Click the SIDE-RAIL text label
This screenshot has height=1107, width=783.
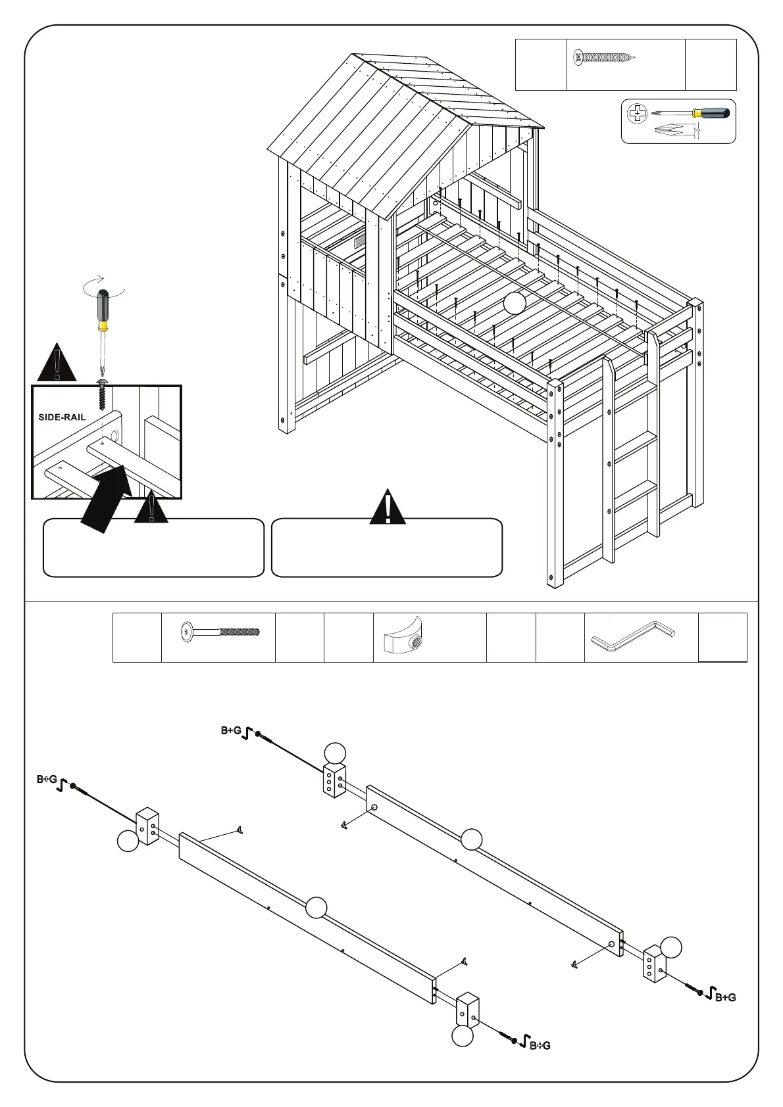click(62, 417)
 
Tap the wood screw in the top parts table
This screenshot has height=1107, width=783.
click(604, 58)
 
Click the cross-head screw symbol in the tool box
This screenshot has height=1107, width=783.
click(637, 114)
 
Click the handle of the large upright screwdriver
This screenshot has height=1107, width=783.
click(103, 309)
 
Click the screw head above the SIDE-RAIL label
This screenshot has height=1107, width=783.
click(102, 383)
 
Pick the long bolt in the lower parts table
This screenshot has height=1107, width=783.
click(220, 632)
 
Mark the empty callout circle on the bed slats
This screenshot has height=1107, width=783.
click(515, 302)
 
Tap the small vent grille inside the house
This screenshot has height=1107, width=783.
click(360, 241)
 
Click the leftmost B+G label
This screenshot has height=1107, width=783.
click(46, 780)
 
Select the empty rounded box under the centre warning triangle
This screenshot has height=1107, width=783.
click(387, 548)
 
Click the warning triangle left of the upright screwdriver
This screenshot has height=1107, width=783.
click(57, 363)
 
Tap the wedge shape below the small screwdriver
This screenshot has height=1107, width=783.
click(674, 130)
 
